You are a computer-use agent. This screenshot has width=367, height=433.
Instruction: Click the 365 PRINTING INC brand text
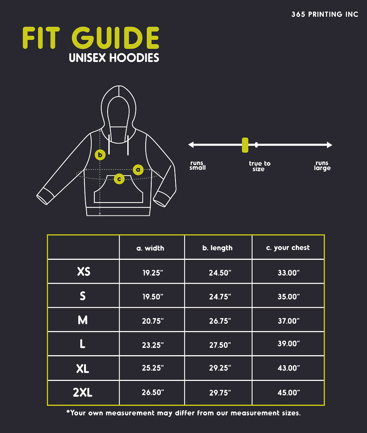coord(325,15)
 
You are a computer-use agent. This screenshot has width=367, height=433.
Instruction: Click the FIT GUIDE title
coord(91,38)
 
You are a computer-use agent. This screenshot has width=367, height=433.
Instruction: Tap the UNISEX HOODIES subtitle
coord(114,58)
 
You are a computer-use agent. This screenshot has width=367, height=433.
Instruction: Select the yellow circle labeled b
coord(100,154)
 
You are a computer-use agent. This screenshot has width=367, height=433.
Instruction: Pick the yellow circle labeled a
coord(138,170)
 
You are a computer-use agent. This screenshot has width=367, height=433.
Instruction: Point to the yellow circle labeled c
coord(119,179)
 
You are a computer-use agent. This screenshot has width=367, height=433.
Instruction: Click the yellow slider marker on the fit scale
coord(245,145)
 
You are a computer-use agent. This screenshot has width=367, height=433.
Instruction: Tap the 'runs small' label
coord(197,165)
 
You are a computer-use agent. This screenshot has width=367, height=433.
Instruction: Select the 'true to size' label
coord(259,166)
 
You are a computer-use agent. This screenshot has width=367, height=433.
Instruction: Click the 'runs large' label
coord(322,165)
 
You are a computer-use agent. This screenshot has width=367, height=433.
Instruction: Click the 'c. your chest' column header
coord(288,248)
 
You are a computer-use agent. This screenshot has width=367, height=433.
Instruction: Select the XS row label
coord(84,272)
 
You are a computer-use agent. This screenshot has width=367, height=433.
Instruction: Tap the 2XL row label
coord(83,393)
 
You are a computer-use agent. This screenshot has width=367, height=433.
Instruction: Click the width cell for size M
coord(153,321)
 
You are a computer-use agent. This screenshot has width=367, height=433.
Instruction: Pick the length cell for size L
coord(220,345)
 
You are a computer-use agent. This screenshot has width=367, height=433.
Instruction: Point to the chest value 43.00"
coord(288,368)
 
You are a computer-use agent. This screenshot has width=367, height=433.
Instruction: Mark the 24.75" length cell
coord(220,296)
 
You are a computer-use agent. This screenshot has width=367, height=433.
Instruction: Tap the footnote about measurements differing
coord(183,413)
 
